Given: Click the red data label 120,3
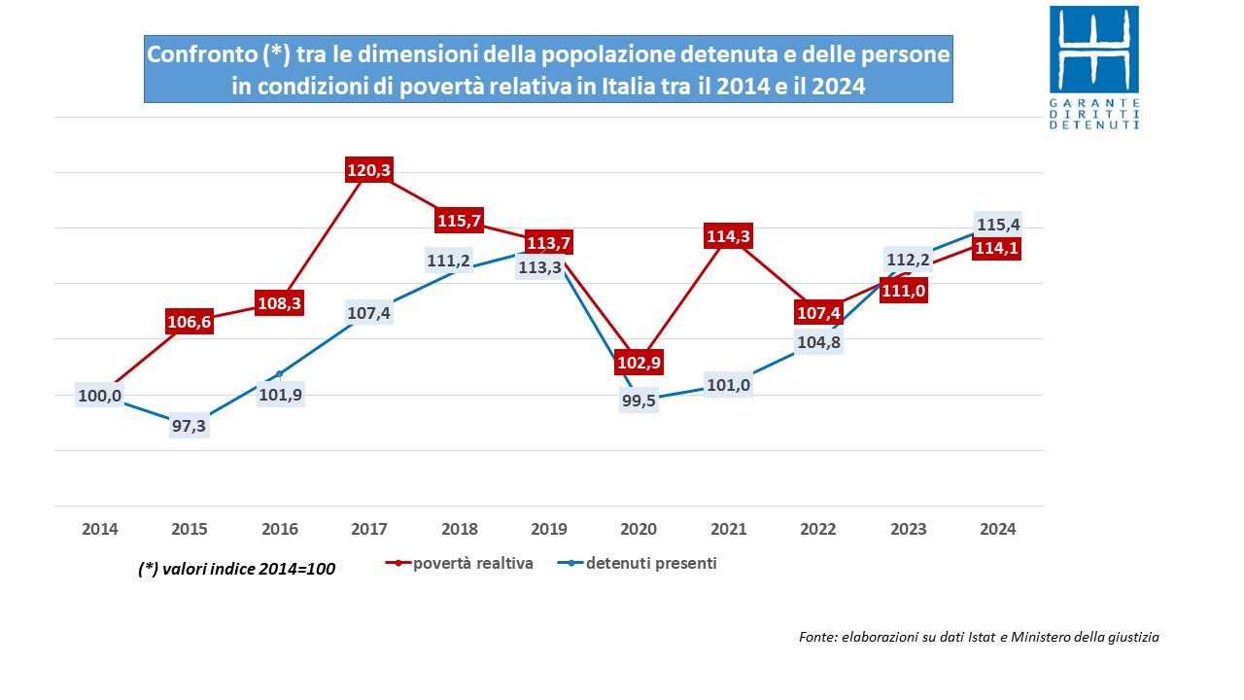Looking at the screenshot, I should [369, 171].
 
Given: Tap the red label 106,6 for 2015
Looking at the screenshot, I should [190, 323].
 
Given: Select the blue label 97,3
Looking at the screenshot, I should [190, 426].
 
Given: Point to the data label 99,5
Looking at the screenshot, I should [639, 401].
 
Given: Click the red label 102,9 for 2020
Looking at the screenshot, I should [639, 364].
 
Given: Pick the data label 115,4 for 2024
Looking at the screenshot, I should [998, 225].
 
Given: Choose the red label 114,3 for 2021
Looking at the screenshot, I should [729, 236].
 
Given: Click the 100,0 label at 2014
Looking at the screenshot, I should [100, 396].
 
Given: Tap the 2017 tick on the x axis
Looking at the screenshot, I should [369, 529].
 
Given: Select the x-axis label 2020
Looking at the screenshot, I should [639, 529].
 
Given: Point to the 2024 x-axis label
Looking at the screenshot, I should [998, 529].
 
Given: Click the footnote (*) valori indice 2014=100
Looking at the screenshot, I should [237, 570].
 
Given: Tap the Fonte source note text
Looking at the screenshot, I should [979, 638].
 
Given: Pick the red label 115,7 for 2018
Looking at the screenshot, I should [459, 221].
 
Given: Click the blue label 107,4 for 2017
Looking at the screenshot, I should [369, 314].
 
